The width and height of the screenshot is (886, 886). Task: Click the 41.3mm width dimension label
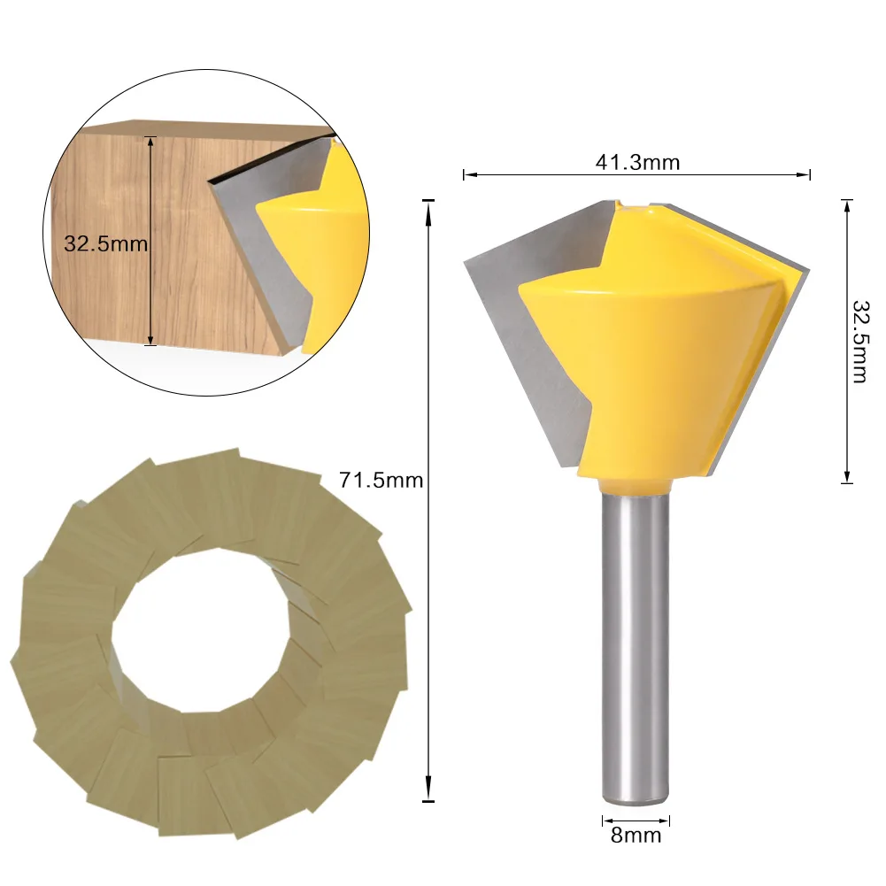point(636,162)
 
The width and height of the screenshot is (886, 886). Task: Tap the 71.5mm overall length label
point(381,481)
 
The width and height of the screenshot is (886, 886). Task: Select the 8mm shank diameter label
point(636,835)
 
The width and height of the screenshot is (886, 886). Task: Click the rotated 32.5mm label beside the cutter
point(859,341)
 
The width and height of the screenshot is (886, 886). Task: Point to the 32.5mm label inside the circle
point(105,243)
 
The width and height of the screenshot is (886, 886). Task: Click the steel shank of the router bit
point(636,646)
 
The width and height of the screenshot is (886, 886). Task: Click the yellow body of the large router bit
point(655,354)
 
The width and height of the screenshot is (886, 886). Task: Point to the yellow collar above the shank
point(636,484)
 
